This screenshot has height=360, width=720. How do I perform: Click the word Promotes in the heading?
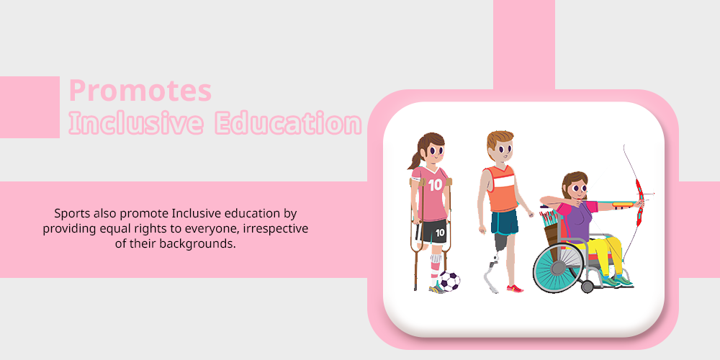[x=140, y=91]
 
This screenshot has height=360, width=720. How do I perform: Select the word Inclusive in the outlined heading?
[x=135, y=123]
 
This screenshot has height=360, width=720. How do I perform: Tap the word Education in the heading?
[x=289, y=123]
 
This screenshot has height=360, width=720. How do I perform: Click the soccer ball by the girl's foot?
[x=449, y=281]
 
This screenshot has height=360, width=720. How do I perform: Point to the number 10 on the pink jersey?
[x=435, y=185]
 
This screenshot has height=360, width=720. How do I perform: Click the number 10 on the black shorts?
[x=440, y=233]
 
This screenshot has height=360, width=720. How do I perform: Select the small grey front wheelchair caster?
[x=588, y=287]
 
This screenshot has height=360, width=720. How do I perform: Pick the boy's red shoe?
[x=515, y=289]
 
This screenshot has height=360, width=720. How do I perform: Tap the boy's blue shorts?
[x=504, y=222]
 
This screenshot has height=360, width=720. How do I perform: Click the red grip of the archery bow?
[x=639, y=202]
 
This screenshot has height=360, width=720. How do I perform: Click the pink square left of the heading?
[x=30, y=107]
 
